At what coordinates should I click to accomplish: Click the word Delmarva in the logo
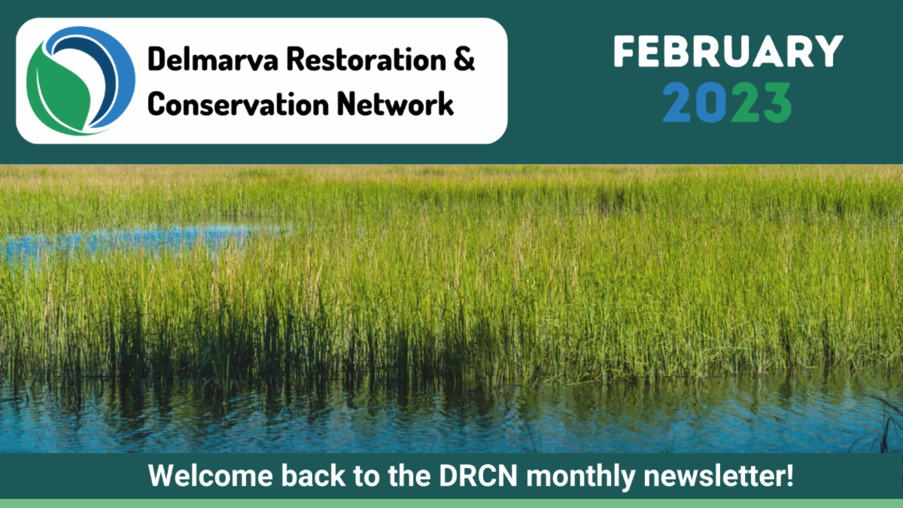213,59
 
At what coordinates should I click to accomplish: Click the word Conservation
239,104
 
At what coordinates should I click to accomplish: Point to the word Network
395,104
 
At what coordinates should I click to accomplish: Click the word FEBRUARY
728,51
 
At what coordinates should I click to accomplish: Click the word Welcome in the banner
211,476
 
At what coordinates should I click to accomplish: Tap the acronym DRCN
478,476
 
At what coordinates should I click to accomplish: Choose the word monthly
581,477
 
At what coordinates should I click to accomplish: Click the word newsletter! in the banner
719,476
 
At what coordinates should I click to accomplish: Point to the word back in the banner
313,476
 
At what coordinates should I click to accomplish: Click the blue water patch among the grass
145,242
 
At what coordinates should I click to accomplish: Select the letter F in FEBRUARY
624,51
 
